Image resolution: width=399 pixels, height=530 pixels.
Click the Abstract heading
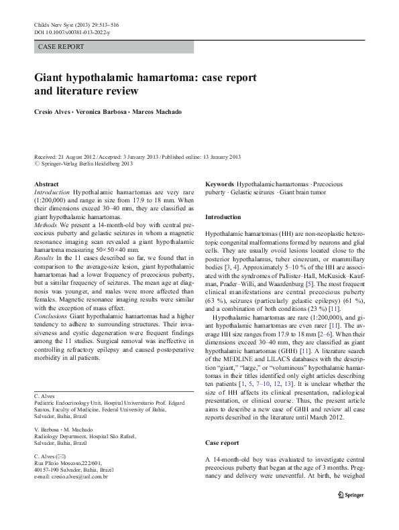46,184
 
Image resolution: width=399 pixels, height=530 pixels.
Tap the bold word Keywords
219,184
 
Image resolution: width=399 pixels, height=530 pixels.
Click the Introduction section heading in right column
223,217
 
